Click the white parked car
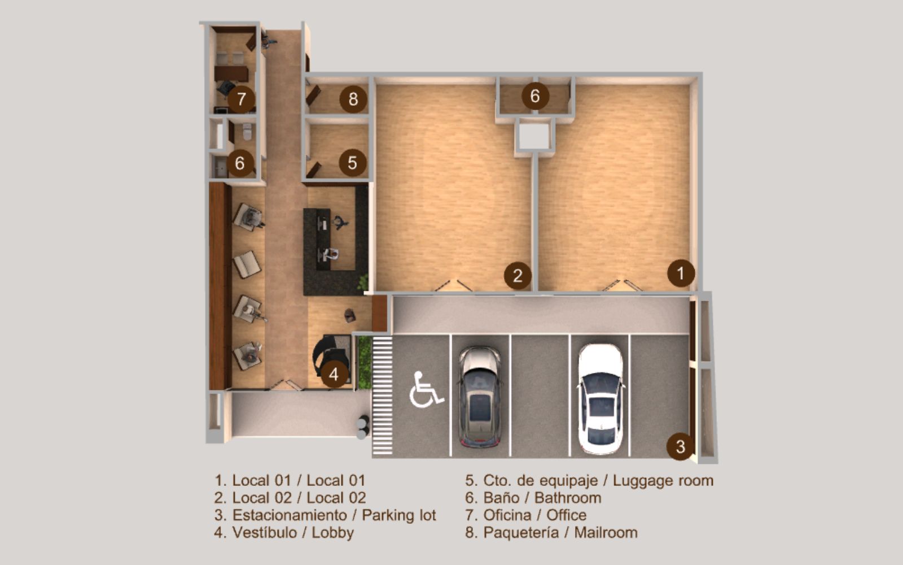pos(600,398)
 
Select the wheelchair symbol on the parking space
pos(425,390)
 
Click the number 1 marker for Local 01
pos(681,273)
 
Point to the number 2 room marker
pos(518,276)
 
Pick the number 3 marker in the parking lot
pos(680,446)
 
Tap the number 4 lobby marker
pos(334,374)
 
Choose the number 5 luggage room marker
pos(352,163)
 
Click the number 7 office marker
pos(242,99)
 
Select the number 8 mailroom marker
pos(353,99)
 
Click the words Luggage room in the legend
pos(663,481)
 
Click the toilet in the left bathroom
pos(247,132)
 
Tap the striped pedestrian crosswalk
pos(382,395)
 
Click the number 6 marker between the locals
pos(534,96)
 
